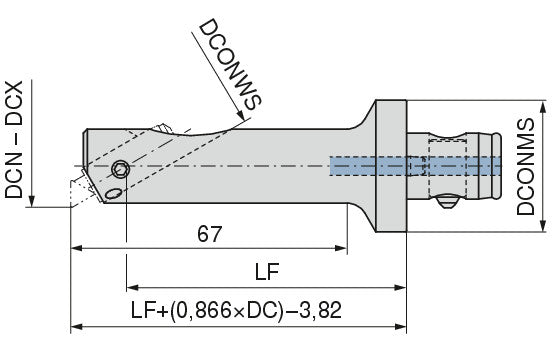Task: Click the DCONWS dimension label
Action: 231,64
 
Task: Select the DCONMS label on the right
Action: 526,166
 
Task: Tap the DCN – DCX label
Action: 14,140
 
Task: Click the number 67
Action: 210,234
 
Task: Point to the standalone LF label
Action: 267,272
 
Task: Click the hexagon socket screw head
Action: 121,170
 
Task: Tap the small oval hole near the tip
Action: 114,194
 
